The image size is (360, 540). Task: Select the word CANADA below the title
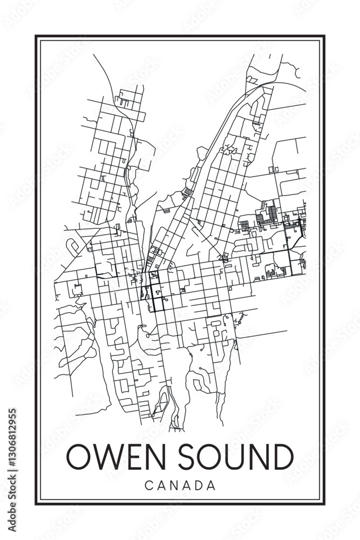point(180,485)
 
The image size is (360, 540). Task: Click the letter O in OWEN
point(79,457)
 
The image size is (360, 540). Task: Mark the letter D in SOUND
point(282,457)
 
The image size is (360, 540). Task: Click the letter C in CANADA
point(148,485)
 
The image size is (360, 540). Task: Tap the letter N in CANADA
point(173,485)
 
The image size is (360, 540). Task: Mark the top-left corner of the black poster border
point(36,36)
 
